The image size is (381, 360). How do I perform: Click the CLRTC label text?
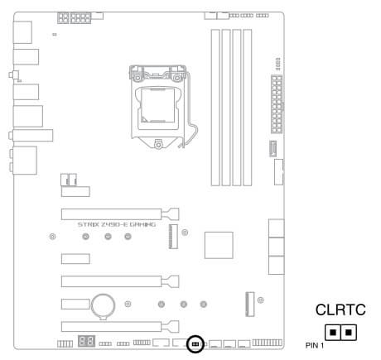tap(340, 310)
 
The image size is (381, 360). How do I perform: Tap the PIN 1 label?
tap(315, 345)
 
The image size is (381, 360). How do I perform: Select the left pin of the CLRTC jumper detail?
tap(333, 332)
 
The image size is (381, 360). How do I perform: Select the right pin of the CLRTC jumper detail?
tap(349, 332)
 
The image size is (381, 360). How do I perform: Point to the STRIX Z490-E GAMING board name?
tap(117, 224)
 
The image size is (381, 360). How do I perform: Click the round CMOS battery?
tap(104, 305)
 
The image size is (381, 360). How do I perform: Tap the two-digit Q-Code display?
tap(87, 341)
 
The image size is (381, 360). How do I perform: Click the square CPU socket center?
tap(158, 105)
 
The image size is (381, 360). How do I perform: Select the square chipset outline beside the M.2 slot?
tap(219, 245)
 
